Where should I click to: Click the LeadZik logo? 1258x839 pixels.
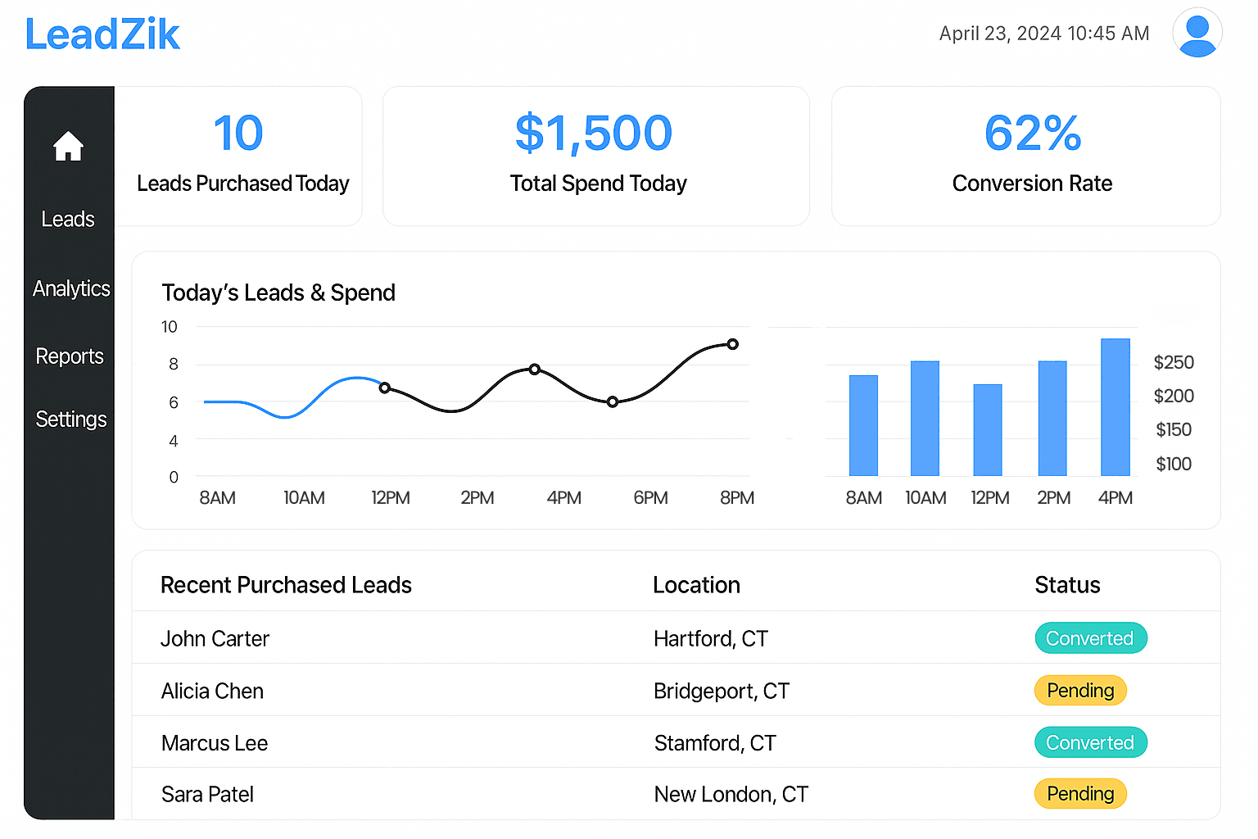click(x=102, y=34)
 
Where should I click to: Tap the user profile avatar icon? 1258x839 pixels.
click(x=1197, y=33)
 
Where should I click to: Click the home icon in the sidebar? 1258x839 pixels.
click(x=68, y=147)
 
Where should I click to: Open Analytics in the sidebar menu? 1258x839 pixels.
click(x=71, y=288)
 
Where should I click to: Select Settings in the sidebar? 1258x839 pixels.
click(x=71, y=419)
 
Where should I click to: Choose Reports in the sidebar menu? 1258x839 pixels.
click(x=70, y=356)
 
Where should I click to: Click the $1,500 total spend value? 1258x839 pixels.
click(x=594, y=133)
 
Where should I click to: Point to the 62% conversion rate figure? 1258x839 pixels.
click(x=1032, y=133)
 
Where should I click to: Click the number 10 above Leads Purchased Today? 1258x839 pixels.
click(x=238, y=133)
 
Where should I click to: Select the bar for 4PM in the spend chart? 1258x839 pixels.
click(x=1115, y=407)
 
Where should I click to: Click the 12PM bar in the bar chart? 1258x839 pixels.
click(x=987, y=430)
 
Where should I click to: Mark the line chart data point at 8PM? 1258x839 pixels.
click(x=732, y=344)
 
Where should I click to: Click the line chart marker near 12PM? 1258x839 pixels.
click(x=384, y=388)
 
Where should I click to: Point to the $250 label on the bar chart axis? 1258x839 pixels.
click(x=1173, y=362)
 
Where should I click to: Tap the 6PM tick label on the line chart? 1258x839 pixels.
click(x=650, y=498)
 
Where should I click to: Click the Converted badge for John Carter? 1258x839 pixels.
click(x=1090, y=638)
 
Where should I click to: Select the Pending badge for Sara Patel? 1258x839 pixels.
click(x=1080, y=794)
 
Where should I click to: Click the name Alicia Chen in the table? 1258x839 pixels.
click(x=212, y=691)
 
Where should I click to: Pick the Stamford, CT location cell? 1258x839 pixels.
click(x=715, y=743)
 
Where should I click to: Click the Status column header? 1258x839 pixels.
click(x=1067, y=585)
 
